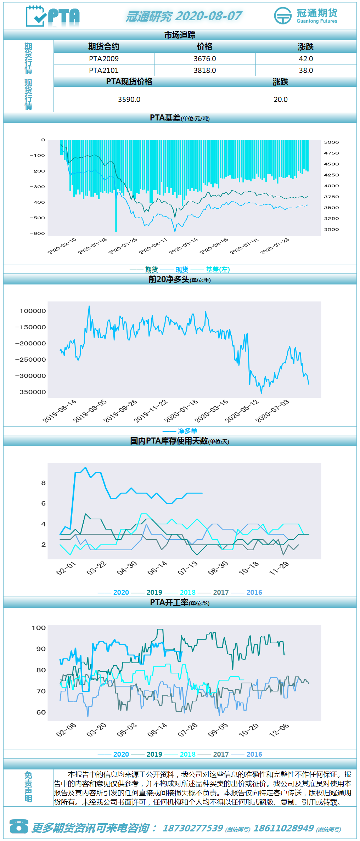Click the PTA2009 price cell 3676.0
[205, 59]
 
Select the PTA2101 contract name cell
[104, 70]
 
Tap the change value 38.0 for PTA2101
[306, 70]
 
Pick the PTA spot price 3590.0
[129, 100]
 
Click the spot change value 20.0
[281, 100]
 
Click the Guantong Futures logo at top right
[306, 16]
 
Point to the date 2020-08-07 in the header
[208, 16]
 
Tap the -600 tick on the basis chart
[37, 233]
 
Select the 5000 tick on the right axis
[331, 142]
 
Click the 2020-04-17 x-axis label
[153, 246]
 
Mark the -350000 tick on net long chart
[30, 392]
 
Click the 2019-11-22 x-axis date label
[151, 411]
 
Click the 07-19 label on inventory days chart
[188, 568]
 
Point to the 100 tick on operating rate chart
[39, 628]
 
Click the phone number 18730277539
[193, 828]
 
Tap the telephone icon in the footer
[19, 826]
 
